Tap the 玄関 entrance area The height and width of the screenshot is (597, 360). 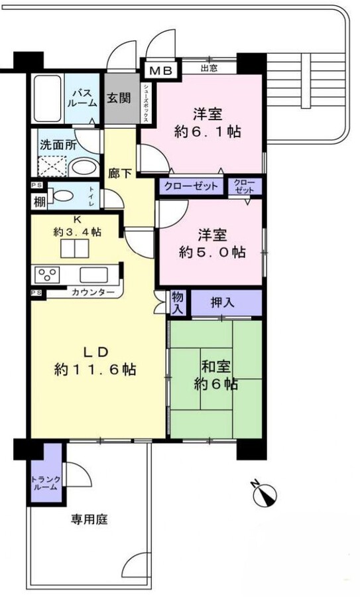tap(120, 99)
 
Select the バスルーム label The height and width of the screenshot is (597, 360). tap(83, 99)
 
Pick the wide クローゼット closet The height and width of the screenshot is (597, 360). tap(191, 186)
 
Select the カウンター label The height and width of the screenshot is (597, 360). tap(92, 293)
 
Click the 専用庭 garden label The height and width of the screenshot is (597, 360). tap(89, 520)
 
